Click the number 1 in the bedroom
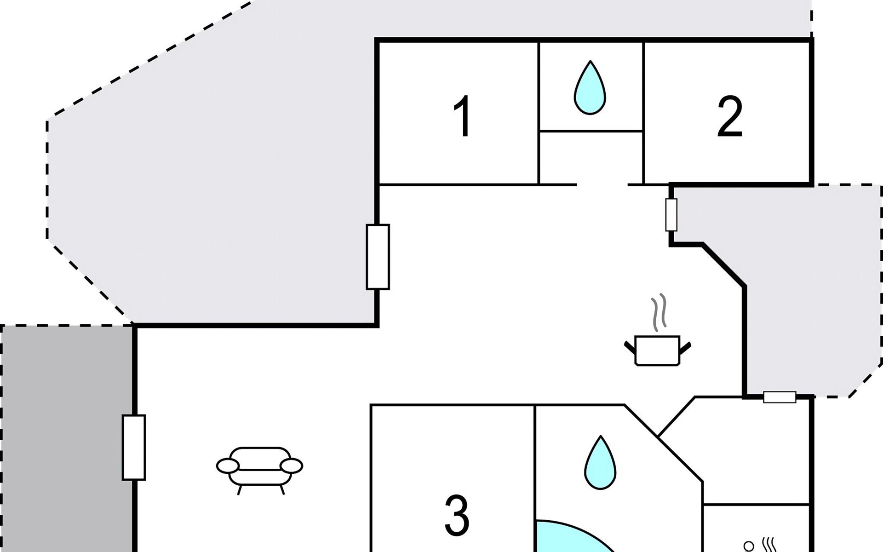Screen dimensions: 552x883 tap(463, 116)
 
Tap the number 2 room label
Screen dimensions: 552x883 tap(729, 117)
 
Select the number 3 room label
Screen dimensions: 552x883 tap(457, 516)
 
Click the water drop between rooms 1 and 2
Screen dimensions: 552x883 tap(590, 88)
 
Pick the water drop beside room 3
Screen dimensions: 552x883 tap(600, 463)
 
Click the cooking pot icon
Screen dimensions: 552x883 tap(657, 351)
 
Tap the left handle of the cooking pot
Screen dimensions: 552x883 tap(630, 347)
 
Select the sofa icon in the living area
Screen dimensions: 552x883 tap(260, 468)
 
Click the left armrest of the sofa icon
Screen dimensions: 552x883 tap(228, 466)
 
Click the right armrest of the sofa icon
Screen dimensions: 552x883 tap(292, 466)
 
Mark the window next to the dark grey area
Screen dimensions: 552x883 tap(134, 447)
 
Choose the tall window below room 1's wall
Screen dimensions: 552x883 tap(378, 257)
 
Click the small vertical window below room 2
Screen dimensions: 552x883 tap(671, 215)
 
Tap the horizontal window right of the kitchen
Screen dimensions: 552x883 tap(780, 397)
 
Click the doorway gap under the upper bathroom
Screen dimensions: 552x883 tap(602, 185)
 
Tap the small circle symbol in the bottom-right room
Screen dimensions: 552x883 tap(749, 546)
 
